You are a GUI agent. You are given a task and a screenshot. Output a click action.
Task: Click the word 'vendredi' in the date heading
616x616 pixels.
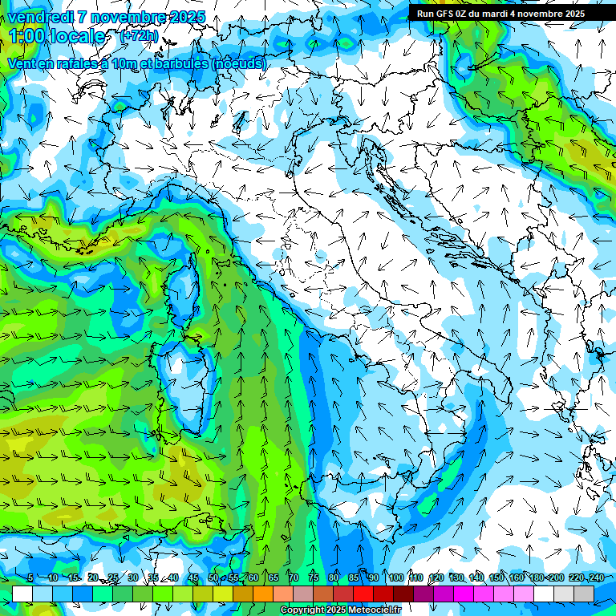click(x=42, y=17)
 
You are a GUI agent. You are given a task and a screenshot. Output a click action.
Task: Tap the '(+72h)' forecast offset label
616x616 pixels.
click(x=139, y=36)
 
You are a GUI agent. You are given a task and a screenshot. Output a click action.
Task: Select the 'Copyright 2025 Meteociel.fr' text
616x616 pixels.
click(x=340, y=610)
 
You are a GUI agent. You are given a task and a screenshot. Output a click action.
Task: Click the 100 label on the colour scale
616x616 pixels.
click(x=395, y=577)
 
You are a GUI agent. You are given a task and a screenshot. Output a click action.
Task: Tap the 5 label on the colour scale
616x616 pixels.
click(x=30, y=577)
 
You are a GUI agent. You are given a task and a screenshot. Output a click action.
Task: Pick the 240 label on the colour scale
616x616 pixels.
click(x=596, y=577)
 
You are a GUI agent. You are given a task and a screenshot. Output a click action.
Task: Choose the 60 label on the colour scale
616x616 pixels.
click(x=253, y=577)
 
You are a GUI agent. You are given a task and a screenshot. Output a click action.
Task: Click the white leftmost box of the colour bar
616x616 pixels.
click(x=22, y=594)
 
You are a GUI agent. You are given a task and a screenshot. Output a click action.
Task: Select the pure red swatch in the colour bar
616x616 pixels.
click(x=363, y=594)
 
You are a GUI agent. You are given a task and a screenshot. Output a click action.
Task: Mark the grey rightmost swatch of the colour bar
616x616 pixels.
click(x=584, y=594)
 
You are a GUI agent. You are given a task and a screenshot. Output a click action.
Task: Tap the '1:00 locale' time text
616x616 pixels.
click(x=56, y=37)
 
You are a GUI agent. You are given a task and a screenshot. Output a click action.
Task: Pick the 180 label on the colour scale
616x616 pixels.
click(x=536, y=577)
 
